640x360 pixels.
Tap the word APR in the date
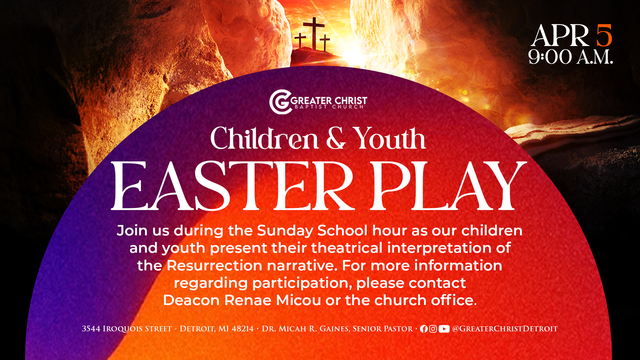coord(560,36)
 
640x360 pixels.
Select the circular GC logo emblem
coord(280,102)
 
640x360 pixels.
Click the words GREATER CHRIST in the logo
coord(329,100)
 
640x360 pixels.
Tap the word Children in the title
coord(264,138)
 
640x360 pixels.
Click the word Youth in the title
coord(389,138)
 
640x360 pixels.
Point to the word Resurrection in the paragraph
coord(214,266)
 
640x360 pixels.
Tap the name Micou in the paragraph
coord(298,300)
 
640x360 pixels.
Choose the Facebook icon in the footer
coord(424,329)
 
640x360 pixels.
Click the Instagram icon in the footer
coord(433,329)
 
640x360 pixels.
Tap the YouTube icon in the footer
coord(444,329)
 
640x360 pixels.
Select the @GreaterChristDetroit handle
coord(505,329)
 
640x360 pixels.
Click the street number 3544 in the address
coord(91,329)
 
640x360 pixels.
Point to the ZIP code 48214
coord(243,329)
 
